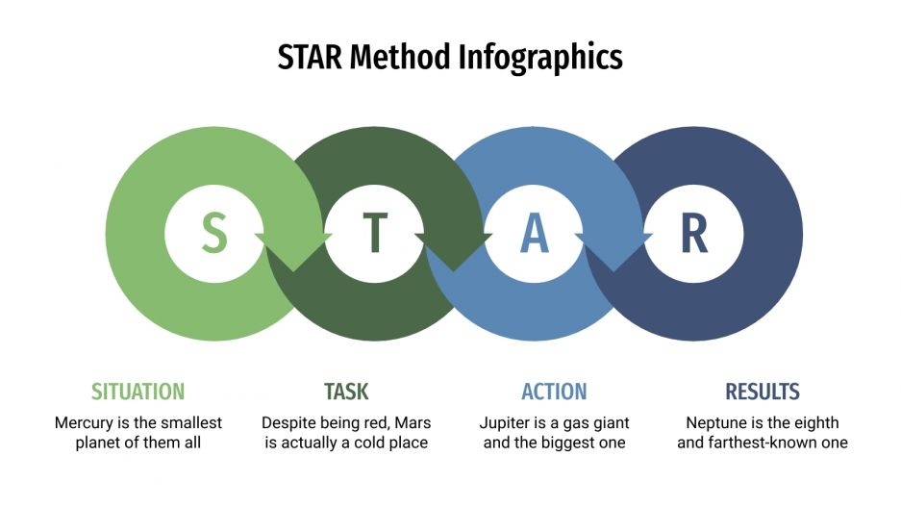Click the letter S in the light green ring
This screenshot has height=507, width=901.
pyautogui.click(x=215, y=234)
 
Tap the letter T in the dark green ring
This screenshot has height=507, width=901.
pyautogui.click(x=375, y=234)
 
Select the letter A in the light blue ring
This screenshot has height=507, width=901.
pyautogui.click(x=535, y=234)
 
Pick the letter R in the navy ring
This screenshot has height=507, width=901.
pyautogui.click(x=693, y=234)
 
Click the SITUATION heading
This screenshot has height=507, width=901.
pyautogui.click(x=138, y=392)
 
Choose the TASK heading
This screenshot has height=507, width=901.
pyautogui.click(x=346, y=392)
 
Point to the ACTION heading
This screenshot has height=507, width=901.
pyautogui.click(x=554, y=392)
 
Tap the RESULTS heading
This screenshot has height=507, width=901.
pyautogui.click(x=763, y=392)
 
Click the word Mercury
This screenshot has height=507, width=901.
pyautogui.click(x=83, y=422)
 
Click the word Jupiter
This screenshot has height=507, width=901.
pyautogui.click(x=506, y=422)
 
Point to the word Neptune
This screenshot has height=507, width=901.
pyautogui.click(x=715, y=422)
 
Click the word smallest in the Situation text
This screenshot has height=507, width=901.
pyautogui.click(x=192, y=422)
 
